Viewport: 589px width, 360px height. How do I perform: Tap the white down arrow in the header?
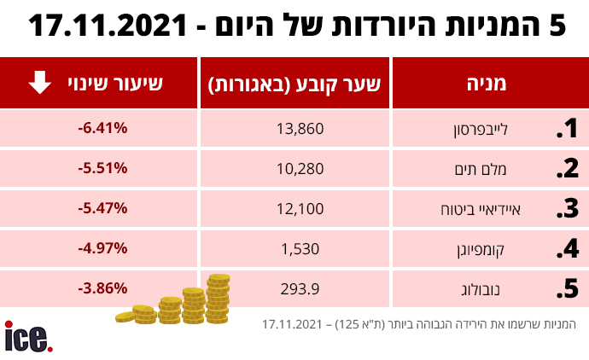[x=38, y=83]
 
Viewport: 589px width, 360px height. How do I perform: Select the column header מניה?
[x=488, y=84]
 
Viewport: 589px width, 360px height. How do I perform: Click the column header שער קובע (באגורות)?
[x=294, y=84]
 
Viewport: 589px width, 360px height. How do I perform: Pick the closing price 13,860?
[x=294, y=129]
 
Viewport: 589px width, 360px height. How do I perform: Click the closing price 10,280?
[x=294, y=169]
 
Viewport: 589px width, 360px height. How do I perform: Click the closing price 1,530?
[x=294, y=248]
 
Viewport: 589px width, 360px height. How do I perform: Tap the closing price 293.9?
[x=294, y=288]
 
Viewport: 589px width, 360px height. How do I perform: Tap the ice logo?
[x=28, y=338]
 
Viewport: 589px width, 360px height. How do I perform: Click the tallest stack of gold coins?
[x=219, y=299]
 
